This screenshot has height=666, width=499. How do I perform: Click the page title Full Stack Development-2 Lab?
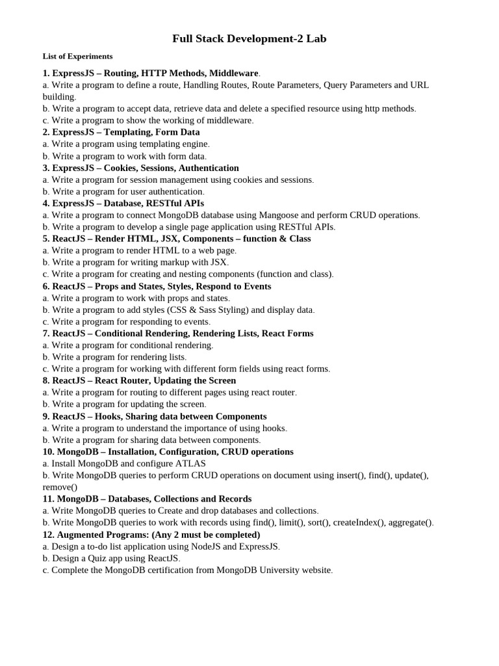[249, 39]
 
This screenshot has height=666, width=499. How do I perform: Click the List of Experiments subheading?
[77, 57]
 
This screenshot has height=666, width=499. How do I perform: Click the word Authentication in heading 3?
[209, 168]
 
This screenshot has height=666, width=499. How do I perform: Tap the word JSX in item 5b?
[218, 262]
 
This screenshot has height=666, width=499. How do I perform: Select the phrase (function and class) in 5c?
[294, 274]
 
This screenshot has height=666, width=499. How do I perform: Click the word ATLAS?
[189, 463]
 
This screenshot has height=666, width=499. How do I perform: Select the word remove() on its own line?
[60, 486]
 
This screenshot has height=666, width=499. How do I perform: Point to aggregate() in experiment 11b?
[408, 522]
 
